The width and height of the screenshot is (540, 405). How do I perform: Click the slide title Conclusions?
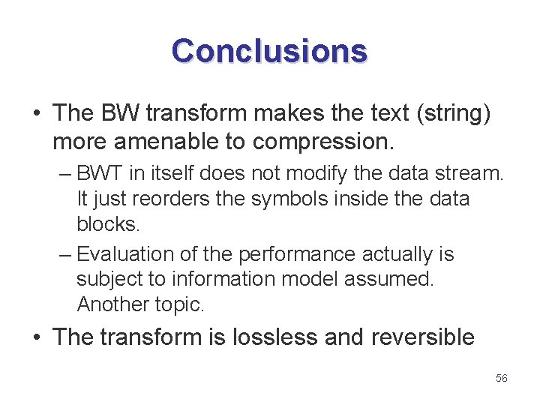pos(269,51)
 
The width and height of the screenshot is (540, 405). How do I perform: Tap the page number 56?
pos(502,378)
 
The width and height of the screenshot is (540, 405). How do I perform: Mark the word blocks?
pos(108,224)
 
